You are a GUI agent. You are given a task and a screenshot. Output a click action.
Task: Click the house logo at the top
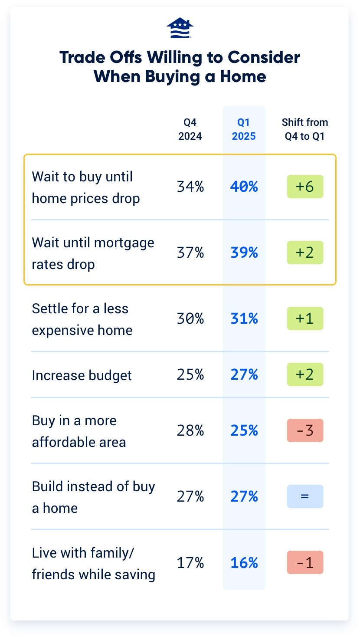tap(180, 29)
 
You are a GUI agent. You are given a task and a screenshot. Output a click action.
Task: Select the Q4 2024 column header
tap(190, 129)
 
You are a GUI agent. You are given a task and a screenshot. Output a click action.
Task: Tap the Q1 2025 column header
tap(244, 129)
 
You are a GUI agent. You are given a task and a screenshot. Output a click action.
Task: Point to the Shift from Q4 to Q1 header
tap(305, 129)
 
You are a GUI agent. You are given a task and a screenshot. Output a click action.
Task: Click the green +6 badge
tap(305, 187)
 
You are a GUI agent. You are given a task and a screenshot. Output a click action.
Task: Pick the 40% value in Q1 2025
tap(244, 187)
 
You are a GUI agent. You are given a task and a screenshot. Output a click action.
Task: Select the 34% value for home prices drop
tap(190, 187)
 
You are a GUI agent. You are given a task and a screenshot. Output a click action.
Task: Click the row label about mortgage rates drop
tap(93, 253)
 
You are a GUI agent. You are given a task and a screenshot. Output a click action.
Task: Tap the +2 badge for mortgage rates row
tap(305, 253)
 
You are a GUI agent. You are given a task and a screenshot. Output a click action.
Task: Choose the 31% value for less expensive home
tap(244, 319)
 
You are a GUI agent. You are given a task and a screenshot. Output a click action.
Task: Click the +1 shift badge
tap(305, 319)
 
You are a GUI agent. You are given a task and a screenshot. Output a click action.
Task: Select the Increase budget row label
tap(82, 375)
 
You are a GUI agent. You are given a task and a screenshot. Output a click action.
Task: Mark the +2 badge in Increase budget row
tap(305, 374)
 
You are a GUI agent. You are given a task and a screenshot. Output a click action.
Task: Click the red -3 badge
tap(305, 430)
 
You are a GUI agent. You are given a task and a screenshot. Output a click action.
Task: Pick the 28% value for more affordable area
tap(190, 430)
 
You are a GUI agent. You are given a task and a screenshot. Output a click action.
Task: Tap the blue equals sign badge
tap(305, 496)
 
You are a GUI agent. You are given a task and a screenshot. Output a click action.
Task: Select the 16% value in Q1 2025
tap(244, 563)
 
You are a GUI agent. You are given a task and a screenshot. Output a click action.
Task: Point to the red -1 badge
tap(305, 562)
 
